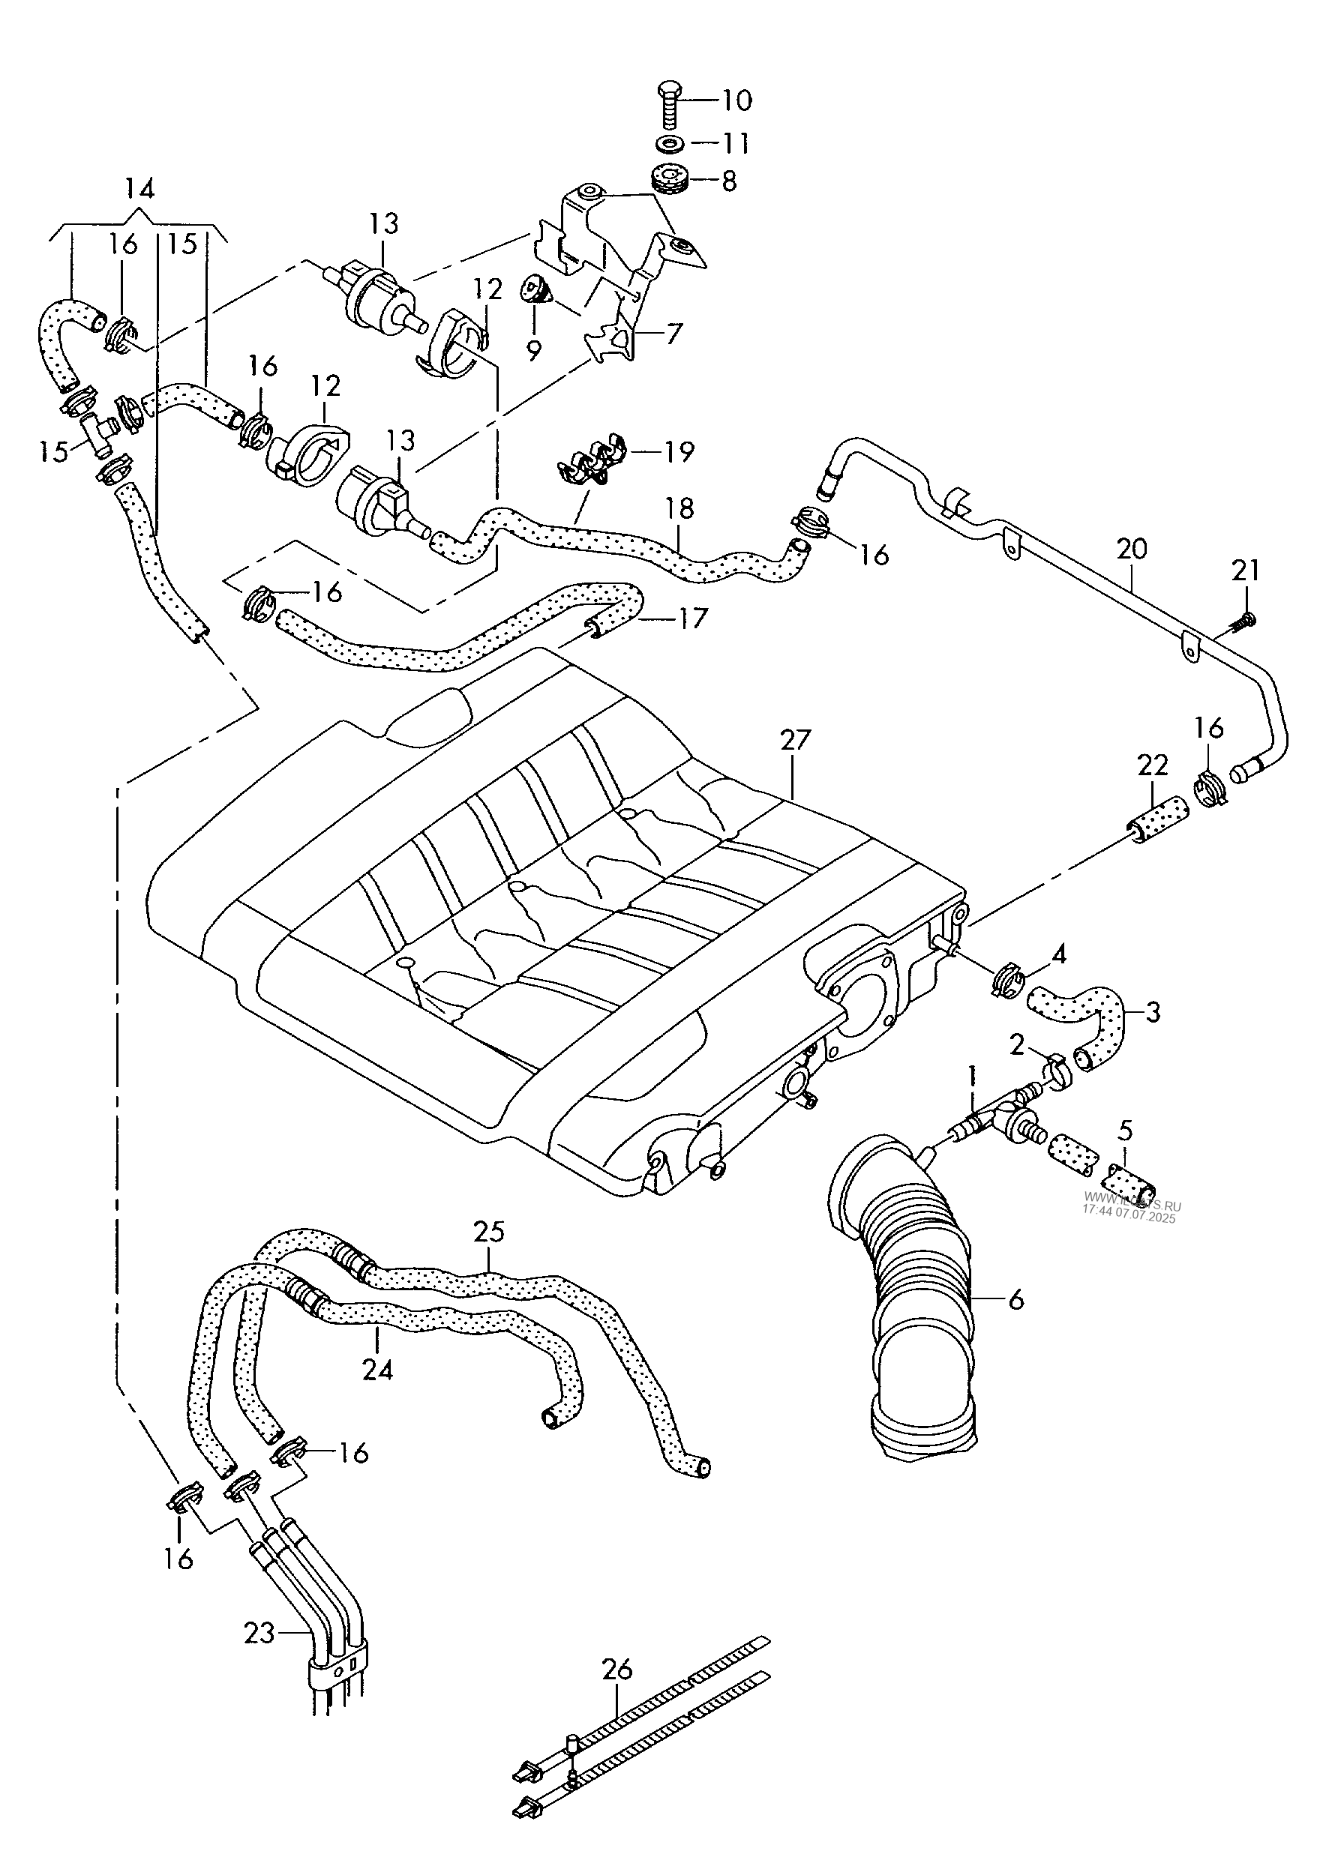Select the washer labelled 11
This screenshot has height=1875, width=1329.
pyautogui.click(x=671, y=144)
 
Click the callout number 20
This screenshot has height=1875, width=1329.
pyautogui.click(x=1132, y=549)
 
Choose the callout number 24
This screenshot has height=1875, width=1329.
pyautogui.click(x=377, y=1370)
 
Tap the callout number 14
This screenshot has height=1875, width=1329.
pyautogui.click(x=140, y=190)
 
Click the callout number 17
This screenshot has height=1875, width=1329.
pyautogui.click(x=692, y=619)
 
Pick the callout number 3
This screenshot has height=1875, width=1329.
pyautogui.click(x=1152, y=1013)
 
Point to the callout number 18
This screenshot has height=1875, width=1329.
pyautogui.click(x=679, y=508)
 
